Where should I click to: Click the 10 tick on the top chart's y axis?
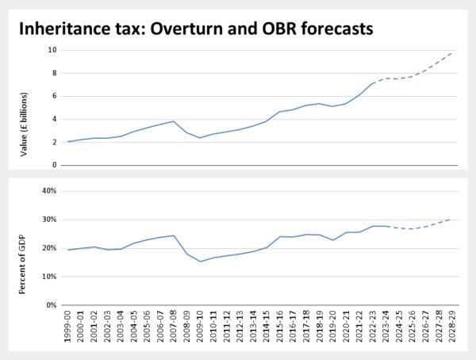(52, 50)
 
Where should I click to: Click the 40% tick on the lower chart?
(49, 191)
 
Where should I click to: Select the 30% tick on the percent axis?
(49, 220)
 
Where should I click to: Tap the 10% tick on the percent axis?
(49, 277)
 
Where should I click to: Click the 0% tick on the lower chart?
(51, 305)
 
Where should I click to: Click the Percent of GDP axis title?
(24, 248)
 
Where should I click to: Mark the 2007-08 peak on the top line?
(173, 121)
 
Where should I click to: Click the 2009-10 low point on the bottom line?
(200, 261)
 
